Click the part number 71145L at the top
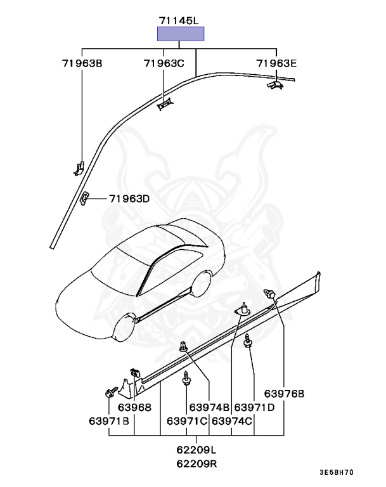[181, 20]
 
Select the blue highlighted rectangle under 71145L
[181, 34]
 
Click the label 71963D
[129, 198]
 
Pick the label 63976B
[284, 394]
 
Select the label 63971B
[109, 420]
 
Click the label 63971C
[188, 420]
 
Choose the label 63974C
[232, 420]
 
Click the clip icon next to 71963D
[84, 197]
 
